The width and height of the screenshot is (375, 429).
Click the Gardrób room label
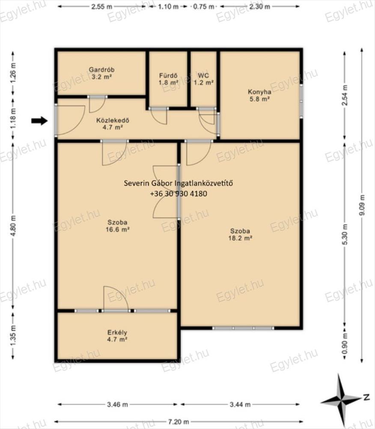click(x=101, y=73)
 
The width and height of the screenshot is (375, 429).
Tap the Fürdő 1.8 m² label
click(x=168, y=79)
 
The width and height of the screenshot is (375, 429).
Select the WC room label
click(x=203, y=79)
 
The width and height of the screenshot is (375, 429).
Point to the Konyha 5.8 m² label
click(x=259, y=95)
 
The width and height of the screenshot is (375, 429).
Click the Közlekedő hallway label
click(x=113, y=124)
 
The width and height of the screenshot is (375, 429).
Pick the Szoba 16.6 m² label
click(x=117, y=226)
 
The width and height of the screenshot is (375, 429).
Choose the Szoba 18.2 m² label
click(x=240, y=235)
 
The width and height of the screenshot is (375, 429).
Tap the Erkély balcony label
click(x=117, y=336)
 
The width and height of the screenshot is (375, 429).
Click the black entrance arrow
click(x=39, y=121)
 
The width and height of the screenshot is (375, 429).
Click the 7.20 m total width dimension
click(x=179, y=422)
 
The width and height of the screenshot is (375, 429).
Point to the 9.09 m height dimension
click(x=362, y=205)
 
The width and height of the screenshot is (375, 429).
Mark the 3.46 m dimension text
click(x=117, y=405)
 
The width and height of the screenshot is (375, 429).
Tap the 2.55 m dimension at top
click(x=101, y=6)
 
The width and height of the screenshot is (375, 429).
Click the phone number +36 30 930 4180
click(x=179, y=194)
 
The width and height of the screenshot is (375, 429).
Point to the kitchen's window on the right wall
click(x=301, y=101)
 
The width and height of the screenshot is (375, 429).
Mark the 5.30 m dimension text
click(x=345, y=235)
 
